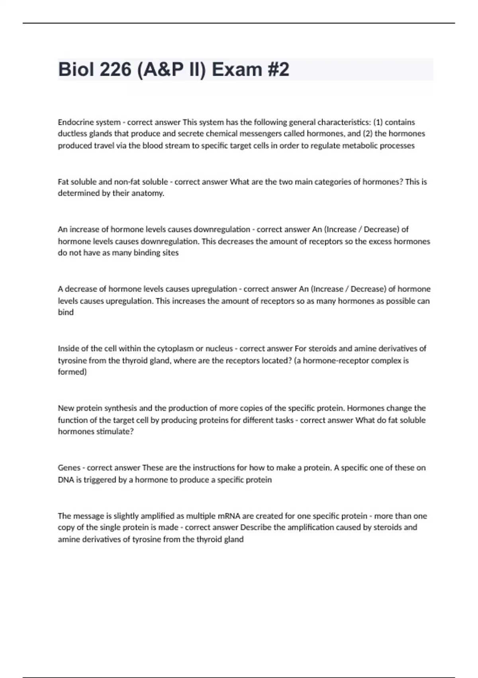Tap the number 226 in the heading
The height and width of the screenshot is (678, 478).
point(116,69)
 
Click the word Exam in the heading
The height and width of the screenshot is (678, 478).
point(237,69)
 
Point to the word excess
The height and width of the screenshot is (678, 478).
point(380,241)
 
